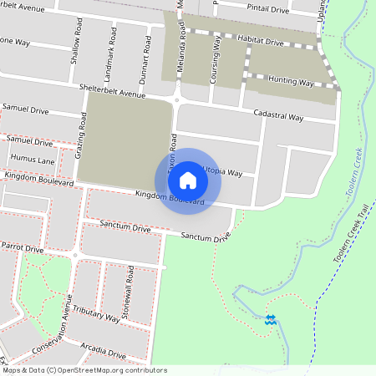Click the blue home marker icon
(188, 180)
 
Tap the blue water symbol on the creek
(271, 319)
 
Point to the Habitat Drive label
(262, 42)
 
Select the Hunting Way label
(291, 83)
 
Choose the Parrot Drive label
(22, 248)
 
